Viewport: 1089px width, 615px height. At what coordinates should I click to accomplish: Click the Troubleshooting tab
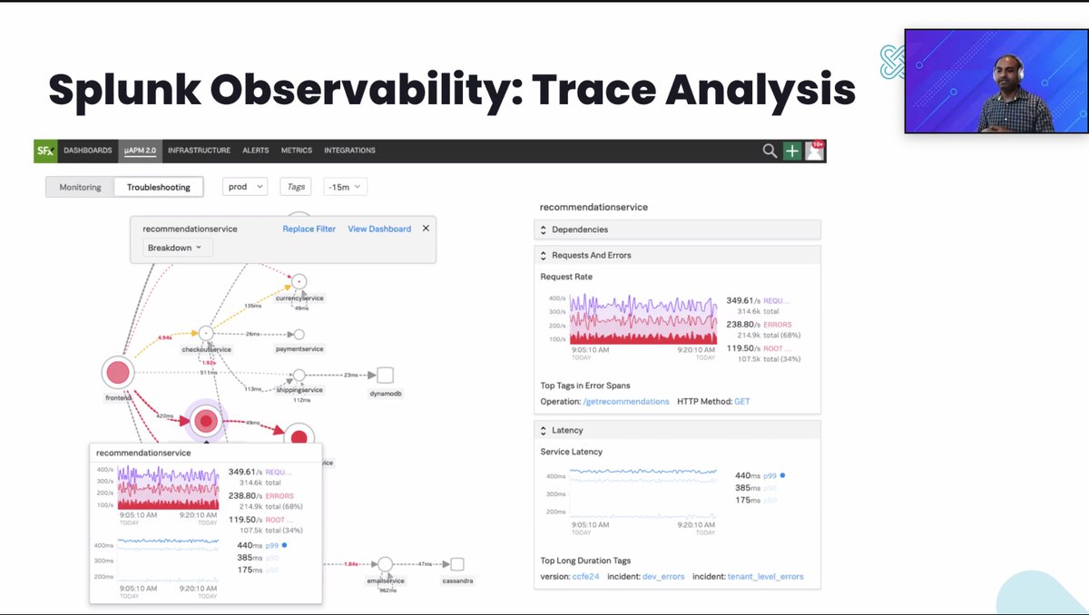click(x=159, y=187)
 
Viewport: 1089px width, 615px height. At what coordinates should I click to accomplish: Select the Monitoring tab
click(x=80, y=187)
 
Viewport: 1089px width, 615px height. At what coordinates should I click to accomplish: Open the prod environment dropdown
click(x=245, y=187)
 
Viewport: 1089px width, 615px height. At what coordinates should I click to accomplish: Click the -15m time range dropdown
click(x=345, y=187)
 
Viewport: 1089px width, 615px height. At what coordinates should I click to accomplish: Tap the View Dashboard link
click(x=379, y=229)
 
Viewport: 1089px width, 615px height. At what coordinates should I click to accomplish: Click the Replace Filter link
click(x=309, y=229)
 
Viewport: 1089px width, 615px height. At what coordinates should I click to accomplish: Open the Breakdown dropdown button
click(x=175, y=248)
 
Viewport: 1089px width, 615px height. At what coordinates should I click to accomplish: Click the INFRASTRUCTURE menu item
click(x=199, y=151)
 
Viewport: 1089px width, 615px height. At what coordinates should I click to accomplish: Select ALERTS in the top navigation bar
click(x=255, y=151)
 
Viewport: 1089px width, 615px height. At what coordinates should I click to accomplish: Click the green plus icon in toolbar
click(x=792, y=151)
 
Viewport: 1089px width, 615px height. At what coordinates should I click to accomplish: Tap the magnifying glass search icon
click(x=770, y=151)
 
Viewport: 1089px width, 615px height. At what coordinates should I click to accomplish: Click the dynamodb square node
click(x=385, y=376)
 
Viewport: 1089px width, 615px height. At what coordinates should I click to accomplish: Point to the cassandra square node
click(x=456, y=564)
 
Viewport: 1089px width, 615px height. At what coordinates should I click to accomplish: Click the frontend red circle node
click(x=117, y=372)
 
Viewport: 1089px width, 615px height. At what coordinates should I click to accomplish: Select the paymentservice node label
click(x=299, y=348)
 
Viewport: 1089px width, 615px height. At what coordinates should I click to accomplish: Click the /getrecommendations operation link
click(x=625, y=401)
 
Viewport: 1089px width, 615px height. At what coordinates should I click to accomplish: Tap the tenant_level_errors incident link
click(x=765, y=576)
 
